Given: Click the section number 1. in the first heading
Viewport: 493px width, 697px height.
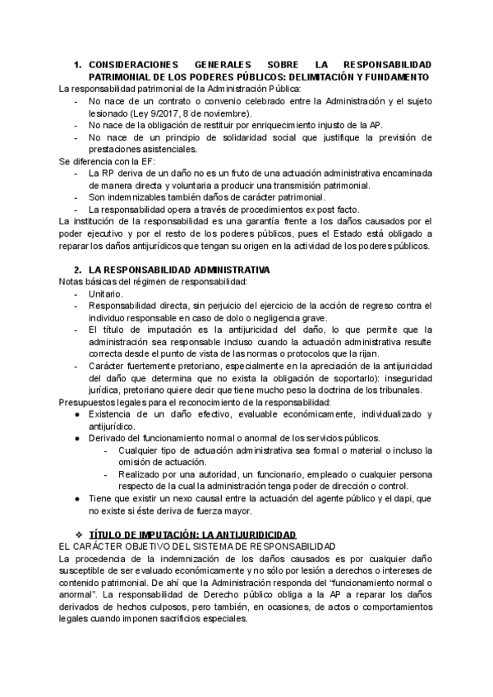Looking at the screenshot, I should pyautogui.click(x=78, y=64).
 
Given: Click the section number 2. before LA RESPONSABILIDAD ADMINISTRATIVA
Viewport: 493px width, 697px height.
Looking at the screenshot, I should pyautogui.click(x=78, y=270).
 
